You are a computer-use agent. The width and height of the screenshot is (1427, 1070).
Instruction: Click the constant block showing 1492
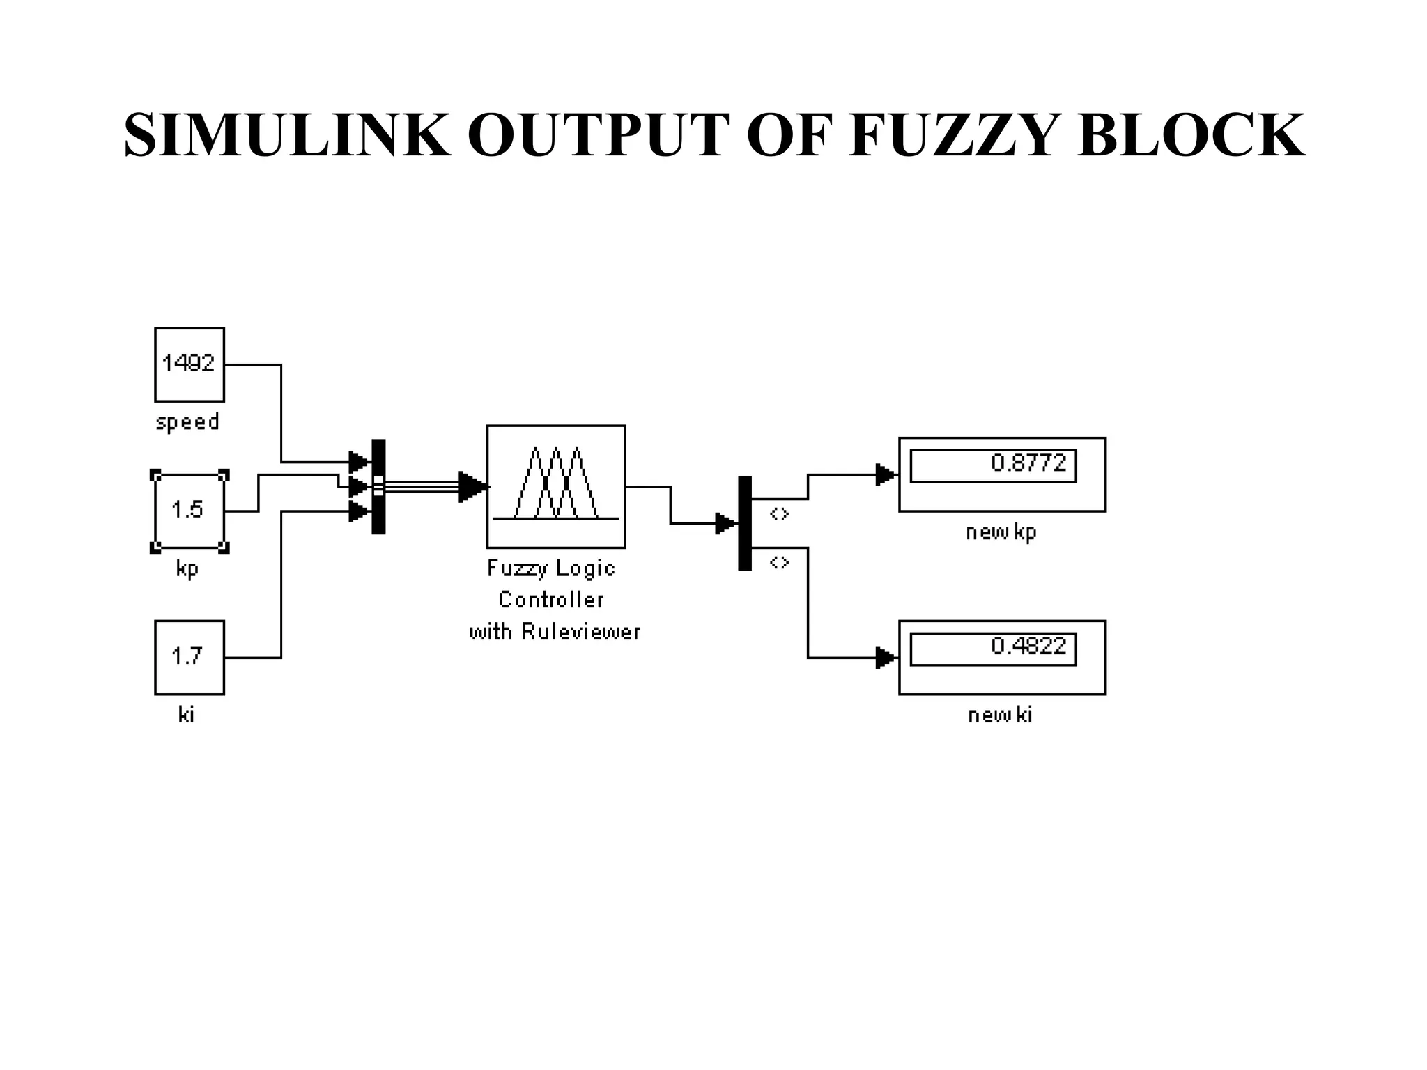pyautogui.click(x=189, y=364)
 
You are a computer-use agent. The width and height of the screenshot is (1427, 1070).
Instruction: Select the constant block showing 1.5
pyautogui.click(x=189, y=511)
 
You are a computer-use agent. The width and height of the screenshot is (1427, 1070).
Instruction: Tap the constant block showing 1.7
pyautogui.click(x=189, y=657)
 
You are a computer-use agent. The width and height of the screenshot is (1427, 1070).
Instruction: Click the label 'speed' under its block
pyautogui.click(x=187, y=422)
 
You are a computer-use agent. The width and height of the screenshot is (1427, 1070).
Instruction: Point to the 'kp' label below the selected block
pyautogui.click(x=187, y=568)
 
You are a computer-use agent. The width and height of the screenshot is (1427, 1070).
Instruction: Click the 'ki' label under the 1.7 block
pyautogui.click(x=186, y=715)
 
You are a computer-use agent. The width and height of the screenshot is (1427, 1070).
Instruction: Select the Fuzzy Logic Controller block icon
pyautogui.click(x=555, y=486)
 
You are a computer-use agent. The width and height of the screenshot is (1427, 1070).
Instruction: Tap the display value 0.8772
pyautogui.click(x=1028, y=463)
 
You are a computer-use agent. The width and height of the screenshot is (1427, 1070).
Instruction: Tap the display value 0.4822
pyautogui.click(x=1028, y=646)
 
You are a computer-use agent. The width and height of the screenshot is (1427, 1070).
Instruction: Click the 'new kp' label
pyautogui.click(x=1001, y=533)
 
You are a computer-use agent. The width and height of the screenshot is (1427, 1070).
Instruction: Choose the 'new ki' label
pyautogui.click(x=1000, y=715)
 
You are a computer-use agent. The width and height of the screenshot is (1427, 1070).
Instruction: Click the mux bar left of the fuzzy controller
pyautogui.click(x=378, y=486)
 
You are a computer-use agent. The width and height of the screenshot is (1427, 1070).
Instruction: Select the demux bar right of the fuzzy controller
pyautogui.click(x=745, y=523)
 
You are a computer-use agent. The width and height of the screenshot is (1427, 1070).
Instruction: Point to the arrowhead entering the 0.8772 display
pyautogui.click(x=885, y=475)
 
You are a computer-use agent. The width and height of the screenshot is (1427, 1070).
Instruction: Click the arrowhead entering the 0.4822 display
pyautogui.click(x=885, y=658)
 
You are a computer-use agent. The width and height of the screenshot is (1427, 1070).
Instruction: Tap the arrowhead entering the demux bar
pyautogui.click(x=725, y=523)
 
